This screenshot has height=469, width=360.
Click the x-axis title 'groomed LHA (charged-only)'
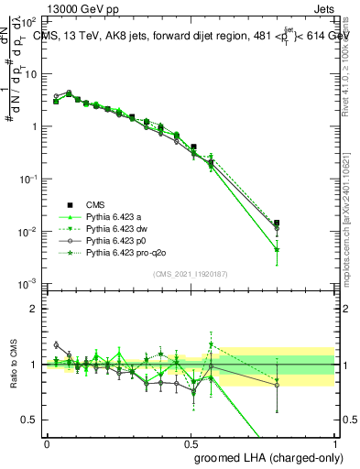pyautogui.click(x=266, y=456)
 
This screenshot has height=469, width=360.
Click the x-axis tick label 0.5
pyautogui.click(x=191, y=442)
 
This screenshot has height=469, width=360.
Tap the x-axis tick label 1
pyautogui.click(x=335, y=442)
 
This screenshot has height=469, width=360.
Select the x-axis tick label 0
pyautogui.click(x=47, y=442)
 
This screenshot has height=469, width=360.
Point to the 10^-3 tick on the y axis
pyautogui.click(x=29, y=283)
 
